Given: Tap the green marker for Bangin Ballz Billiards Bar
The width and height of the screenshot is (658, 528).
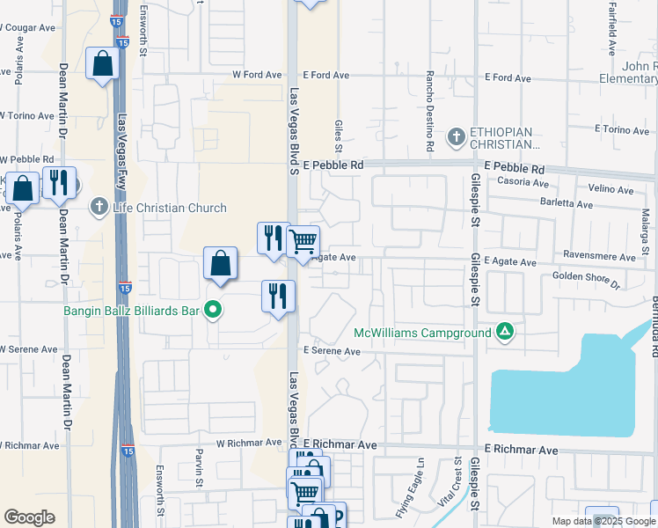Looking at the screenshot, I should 212,309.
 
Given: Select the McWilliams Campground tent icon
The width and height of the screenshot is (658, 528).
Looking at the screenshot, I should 505,333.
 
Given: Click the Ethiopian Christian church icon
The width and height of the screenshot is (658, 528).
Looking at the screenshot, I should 456,136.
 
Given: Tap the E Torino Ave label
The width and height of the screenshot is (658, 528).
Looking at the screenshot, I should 622,129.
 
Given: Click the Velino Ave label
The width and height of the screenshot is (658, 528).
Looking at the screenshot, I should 610,188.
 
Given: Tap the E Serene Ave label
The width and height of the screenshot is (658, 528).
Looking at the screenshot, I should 332,350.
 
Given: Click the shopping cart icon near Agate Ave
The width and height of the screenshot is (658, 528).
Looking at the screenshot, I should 303,239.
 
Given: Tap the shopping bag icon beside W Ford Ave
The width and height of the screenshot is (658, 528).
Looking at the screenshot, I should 103,63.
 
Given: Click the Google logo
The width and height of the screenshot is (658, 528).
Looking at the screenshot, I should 29,517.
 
